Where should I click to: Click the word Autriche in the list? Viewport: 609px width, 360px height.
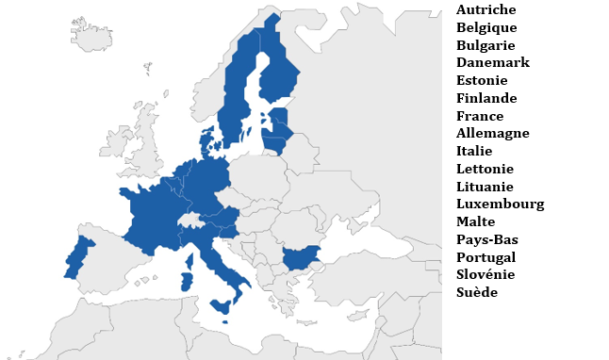pos(486,9)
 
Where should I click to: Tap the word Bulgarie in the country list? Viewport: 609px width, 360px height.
pos(486,45)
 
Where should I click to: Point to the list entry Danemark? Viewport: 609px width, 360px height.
pos(492,62)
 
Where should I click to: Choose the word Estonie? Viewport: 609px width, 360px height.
pos(482,80)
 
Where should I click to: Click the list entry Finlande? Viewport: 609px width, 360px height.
pos(486,98)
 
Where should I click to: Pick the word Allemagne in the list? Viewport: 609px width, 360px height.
pos(492,133)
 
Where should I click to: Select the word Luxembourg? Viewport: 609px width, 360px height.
pos(500,204)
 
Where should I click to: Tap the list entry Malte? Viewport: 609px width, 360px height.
pos(475,221)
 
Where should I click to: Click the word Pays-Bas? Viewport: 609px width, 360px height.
pos(486,239)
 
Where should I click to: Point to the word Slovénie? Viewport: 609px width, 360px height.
pos(486,274)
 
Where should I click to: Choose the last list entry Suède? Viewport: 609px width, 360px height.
pos(476,292)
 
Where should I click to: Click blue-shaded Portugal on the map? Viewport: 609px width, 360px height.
pos(77,258)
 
